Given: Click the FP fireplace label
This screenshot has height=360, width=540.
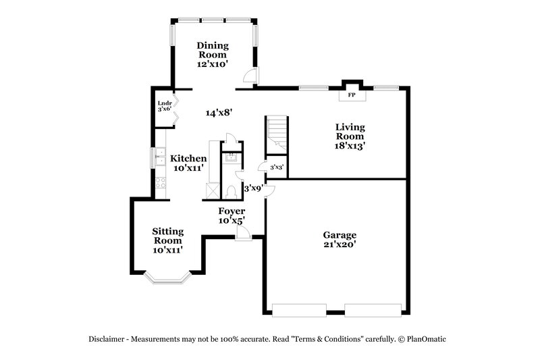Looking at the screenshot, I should [x=351, y=95].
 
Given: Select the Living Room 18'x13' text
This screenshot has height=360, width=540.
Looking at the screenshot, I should [x=350, y=136].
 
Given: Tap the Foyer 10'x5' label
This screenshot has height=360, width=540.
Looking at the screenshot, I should [x=231, y=215].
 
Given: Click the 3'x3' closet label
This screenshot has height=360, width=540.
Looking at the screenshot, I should [x=277, y=167].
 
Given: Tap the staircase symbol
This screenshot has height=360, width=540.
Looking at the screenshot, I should [x=277, y=134].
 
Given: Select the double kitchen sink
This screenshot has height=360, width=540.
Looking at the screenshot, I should [x=161, y=157].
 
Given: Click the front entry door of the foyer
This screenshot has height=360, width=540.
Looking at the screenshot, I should [x=243, y=233].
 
